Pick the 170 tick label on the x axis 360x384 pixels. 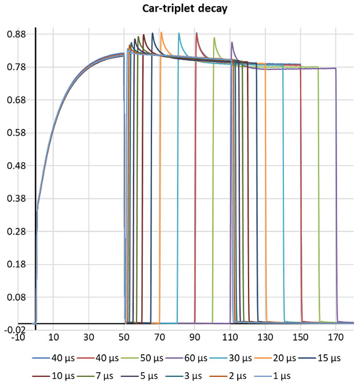tap(335, 338)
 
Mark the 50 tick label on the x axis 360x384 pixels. tap(124, 338)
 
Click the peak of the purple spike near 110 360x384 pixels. tap(232, 43)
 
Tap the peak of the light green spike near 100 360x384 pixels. tap(214, 38)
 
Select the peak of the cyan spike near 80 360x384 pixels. tap(179, 33)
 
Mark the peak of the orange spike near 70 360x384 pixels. tap(161, 33)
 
